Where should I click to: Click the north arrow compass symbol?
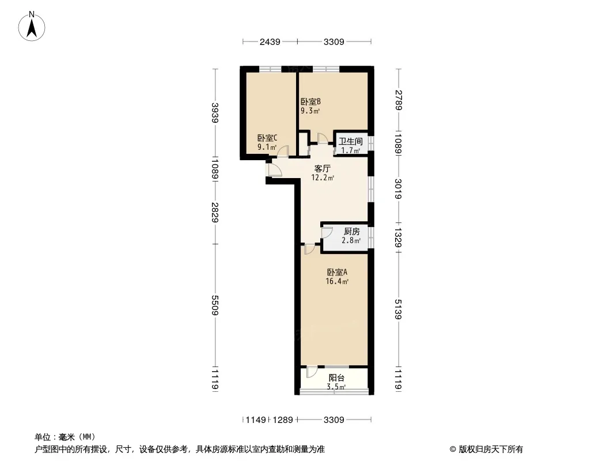point(32,27)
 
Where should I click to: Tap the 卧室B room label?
point(310,101)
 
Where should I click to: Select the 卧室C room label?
point(267,138)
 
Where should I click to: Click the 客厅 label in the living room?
point(323,168)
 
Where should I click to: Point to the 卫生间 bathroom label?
point(350,141)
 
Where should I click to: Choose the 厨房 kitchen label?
point(352,232)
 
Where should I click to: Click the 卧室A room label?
point(337,272)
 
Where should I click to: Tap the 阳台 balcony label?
point(336,378)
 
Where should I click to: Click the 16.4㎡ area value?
point(337,281)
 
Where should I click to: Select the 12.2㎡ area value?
point(323,178)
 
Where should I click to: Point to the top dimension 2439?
point(270,41)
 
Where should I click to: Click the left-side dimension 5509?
point(215,305)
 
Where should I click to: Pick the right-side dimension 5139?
point(398,309)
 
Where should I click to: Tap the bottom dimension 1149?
point(256,420)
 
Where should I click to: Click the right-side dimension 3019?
point(398,189)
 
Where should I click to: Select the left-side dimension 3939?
point(215,113)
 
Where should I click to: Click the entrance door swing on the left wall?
point(275,169)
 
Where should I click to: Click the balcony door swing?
point(312,372)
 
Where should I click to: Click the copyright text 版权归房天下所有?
point(491,449)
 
